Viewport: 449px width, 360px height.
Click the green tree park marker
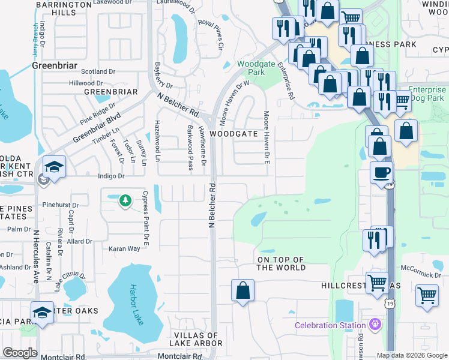[x=125, y=200]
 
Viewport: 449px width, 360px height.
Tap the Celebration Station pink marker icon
[x=376, y=325]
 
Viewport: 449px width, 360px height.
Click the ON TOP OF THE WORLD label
[x=281, y=263]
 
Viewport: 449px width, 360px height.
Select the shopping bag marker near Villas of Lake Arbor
[x=243, y=291]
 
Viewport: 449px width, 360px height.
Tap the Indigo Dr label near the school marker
[x=112, y=176]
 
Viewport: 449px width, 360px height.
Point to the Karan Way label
[x=124, y=248]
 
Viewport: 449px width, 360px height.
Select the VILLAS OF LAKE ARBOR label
[x=197, y=339]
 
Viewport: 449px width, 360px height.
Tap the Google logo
[x=20, y=353]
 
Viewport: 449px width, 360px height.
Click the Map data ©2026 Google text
[x=411, y=355]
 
